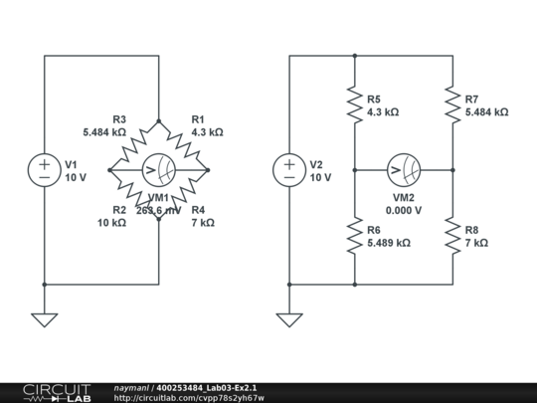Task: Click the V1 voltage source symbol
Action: (45, 170)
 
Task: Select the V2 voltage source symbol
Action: (289, 170)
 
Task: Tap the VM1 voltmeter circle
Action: (158, 170)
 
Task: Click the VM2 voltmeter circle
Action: (403, 170)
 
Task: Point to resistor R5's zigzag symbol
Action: (354, 105)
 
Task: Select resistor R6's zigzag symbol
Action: (354, 236)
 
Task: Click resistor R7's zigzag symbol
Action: (451, 105)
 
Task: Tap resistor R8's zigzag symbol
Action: (451, 236)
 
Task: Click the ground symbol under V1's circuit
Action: (45, 319)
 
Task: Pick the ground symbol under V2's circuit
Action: (289, 319)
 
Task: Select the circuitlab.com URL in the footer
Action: (189, 398)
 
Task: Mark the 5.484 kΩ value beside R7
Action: (485, 112)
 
